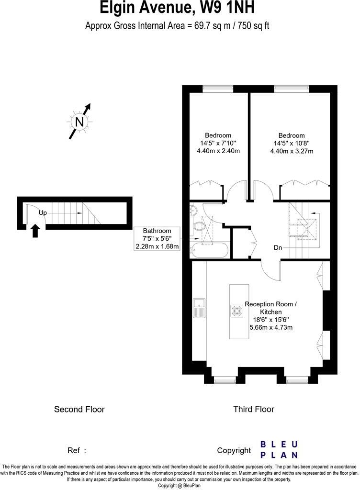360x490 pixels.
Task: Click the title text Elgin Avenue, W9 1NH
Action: tap(177, 8)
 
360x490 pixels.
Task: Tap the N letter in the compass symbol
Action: tap(79, 122)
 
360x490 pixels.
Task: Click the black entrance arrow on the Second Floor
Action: tap(35, 232)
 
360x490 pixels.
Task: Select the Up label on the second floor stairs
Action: tap(43, 213)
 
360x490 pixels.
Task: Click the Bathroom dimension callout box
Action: tap(157, 239)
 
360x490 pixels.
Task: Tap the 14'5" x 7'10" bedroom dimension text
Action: tap(218, 143)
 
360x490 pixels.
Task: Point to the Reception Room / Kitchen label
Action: tap(270, 308)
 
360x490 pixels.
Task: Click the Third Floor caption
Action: tap(253, 409)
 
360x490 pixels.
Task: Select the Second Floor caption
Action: tap(79, 409)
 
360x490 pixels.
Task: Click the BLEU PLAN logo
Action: tap(279, 450)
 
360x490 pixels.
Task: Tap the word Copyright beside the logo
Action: tap(234, 450)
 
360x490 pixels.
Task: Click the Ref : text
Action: tap(77, 450)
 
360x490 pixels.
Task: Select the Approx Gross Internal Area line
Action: tap(177, 26)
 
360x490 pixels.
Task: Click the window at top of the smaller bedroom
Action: tap(217, 88)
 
